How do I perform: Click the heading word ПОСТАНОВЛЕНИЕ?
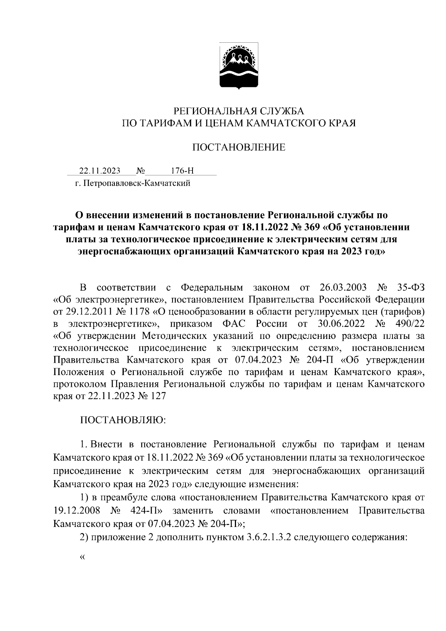[x=239, y=148]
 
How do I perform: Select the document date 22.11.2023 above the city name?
[x=100, y=171]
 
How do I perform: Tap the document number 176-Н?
[x=182, y=171]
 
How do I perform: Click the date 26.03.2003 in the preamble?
[x=343, y=288]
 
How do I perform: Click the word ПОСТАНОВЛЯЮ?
[x=123, y=420]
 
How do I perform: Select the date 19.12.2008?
[x=77, y=511]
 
